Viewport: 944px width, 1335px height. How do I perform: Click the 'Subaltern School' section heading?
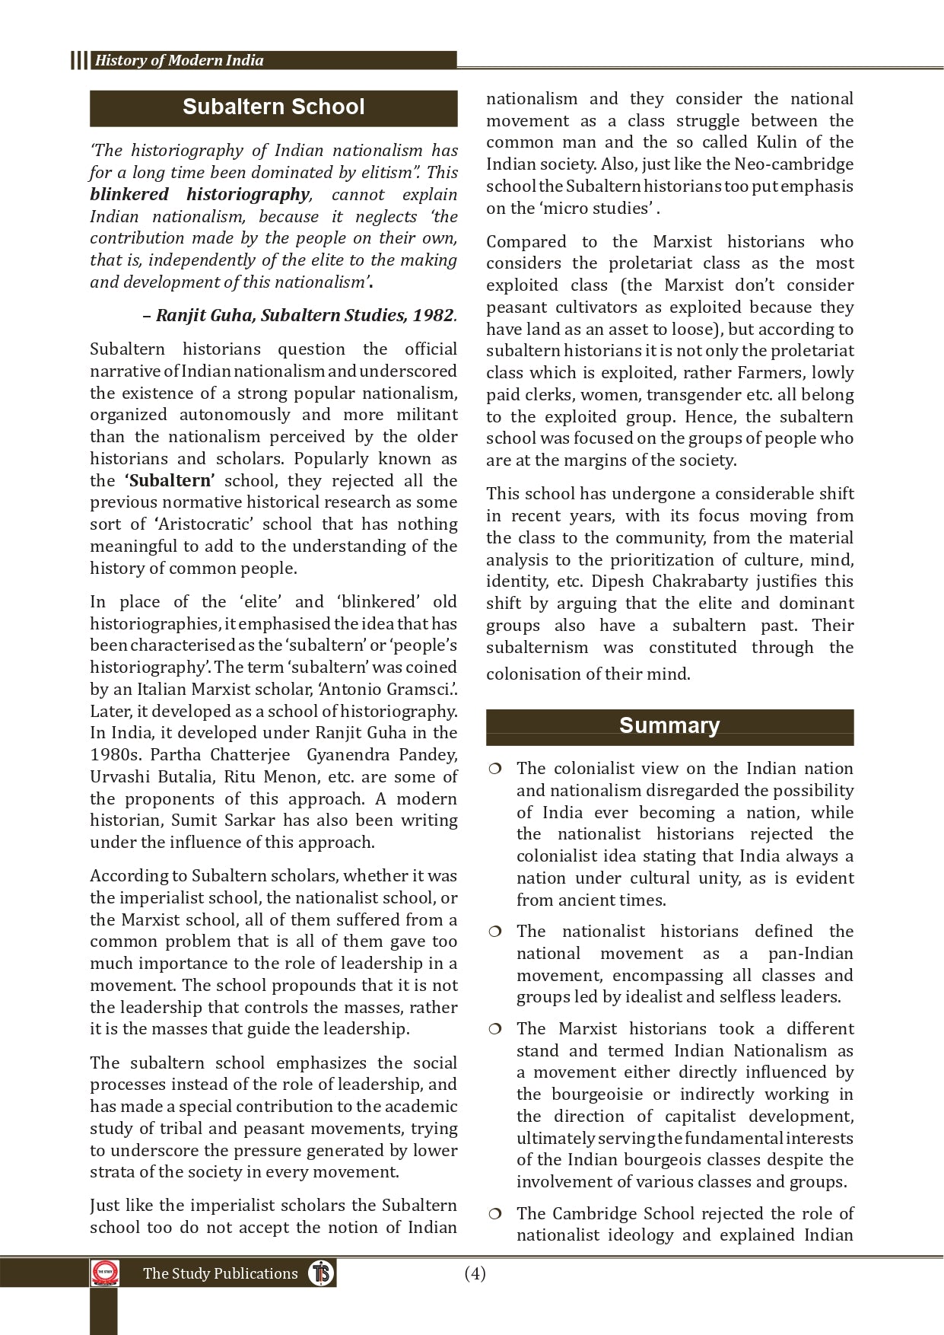coord(273,107)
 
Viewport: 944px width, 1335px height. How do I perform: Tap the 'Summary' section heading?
coord(669,725)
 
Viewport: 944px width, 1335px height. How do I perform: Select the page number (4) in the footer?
coord(475,1273)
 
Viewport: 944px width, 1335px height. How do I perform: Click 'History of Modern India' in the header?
coord(179,61)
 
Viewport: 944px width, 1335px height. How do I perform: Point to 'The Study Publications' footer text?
coord(220,1273)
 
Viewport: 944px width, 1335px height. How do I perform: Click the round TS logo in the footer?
coord(322,1273)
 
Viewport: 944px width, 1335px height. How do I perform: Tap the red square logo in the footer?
coord(105,1273)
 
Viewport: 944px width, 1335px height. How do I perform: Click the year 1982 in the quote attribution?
coord(433,315)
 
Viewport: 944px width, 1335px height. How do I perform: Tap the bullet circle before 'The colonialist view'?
coord(495,769)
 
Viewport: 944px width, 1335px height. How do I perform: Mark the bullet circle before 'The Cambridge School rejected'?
coord(495,1214)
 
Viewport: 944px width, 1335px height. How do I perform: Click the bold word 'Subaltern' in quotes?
coord(170,481)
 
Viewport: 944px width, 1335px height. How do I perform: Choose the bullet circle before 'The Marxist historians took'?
coord(495,1030)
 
